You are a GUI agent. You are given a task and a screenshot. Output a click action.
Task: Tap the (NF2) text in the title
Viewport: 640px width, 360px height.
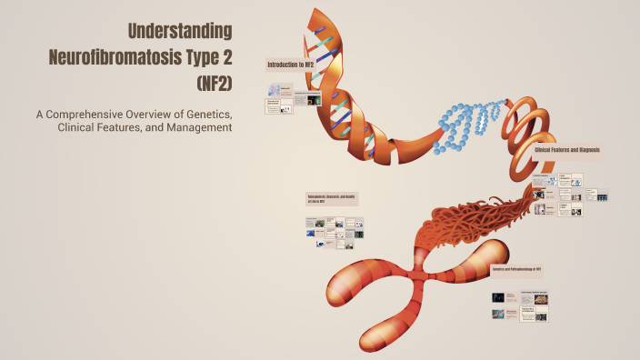pos(214,85)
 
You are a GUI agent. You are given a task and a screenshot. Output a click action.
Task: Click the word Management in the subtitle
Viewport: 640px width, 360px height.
pos(195,127)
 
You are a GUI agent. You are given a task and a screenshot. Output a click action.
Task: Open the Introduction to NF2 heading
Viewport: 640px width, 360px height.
pos(291,65)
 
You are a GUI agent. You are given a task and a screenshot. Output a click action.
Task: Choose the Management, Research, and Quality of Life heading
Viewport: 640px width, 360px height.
pos(332,198)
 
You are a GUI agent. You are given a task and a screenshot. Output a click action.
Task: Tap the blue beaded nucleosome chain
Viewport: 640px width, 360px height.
pos(468,123)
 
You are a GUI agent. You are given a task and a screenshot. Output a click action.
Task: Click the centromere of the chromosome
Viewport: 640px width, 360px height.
pos(420,276)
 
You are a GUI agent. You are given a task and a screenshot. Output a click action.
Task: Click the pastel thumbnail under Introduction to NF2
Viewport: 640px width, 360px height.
pos(275,89)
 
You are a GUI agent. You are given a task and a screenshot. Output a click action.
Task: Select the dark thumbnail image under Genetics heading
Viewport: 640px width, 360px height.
pos(499,297)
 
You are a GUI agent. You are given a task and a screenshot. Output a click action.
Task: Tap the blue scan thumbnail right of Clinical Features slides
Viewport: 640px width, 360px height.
pos(601,195)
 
